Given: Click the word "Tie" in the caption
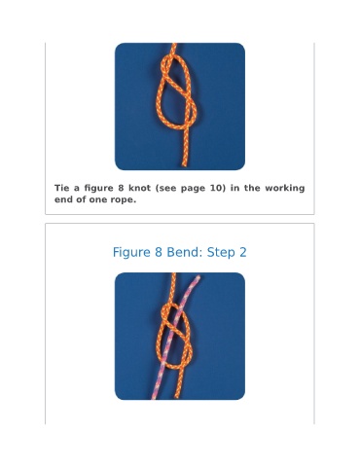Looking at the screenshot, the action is click(61, 188).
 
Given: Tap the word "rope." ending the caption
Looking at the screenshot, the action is click(124, 200).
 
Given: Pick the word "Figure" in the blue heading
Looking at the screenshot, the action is click(131, 253).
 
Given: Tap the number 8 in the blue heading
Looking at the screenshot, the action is click(159, 252).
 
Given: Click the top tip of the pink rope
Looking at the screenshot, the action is click(198, 277).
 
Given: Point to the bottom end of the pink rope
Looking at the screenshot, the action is click(155, 398).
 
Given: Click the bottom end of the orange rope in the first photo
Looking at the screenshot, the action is click(185, 165).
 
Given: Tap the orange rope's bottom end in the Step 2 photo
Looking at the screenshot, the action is click(177, 397).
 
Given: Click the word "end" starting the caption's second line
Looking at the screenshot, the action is click(63, 199).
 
